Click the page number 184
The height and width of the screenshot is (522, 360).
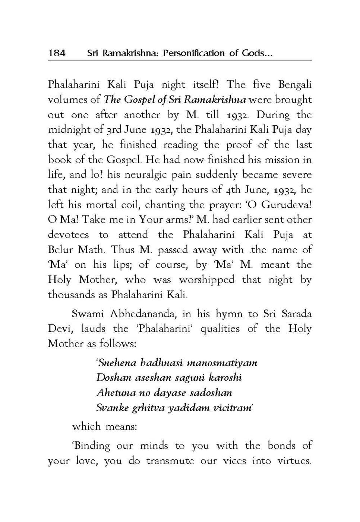[x=57, y=53]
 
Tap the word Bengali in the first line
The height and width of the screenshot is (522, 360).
[x=295, y=85]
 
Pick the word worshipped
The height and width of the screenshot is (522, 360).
[x=207, y=280]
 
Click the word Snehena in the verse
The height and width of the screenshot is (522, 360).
[x=117, y=362]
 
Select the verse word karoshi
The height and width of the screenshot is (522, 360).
[x=225, y=378]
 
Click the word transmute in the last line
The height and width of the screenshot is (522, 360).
[x=170, y=461]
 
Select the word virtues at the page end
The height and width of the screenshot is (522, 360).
[x=294, y=461]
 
